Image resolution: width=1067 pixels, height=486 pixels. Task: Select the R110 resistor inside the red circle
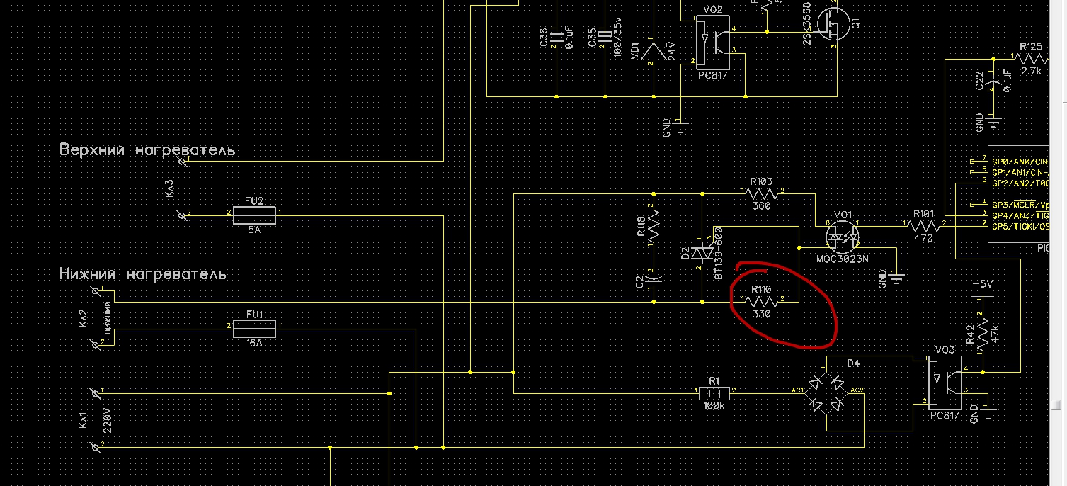[x=763, y=301]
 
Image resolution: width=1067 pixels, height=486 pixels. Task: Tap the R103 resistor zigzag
[x=762, y=193]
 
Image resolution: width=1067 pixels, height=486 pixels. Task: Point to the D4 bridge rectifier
[x=826, y=393]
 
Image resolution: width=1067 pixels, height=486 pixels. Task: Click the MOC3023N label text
[x=843, y=259]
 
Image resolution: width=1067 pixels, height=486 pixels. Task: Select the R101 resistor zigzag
[x=924, y=225]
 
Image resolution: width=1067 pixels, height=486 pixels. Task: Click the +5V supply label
[x=983, y=283]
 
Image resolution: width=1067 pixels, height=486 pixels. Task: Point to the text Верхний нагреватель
[x=147, y=150]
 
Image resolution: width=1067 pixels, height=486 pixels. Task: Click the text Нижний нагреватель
[x=142, y=273]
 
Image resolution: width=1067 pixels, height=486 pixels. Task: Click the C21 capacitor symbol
[x=654, y=277]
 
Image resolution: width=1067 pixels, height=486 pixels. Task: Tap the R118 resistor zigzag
[x=654, y=225]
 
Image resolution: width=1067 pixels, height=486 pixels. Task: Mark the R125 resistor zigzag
[x=1031, y=59]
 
